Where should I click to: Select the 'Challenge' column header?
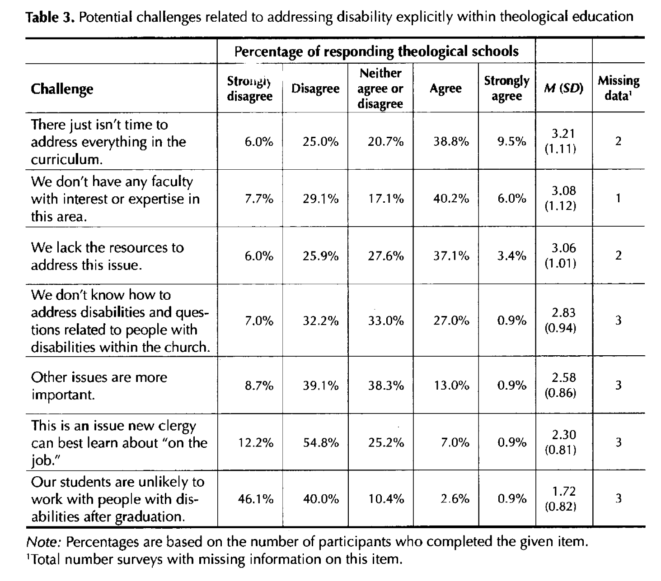point(62,89)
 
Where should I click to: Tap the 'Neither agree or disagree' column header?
point(380,88)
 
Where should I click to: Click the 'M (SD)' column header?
point(563,88)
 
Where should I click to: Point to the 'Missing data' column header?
point(618,88)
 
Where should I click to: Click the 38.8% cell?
point(451,142)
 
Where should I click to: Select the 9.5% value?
point(511,142)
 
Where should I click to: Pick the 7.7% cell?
point(259,199)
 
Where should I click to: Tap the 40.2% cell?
point(451,199)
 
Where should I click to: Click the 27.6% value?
point(385,256)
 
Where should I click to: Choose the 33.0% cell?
point(385,321)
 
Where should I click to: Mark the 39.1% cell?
point(320,386)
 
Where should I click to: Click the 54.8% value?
point(320,443)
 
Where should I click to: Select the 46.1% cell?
point(255,499)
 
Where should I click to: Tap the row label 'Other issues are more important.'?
point(99,386)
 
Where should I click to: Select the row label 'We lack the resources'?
point(108,256)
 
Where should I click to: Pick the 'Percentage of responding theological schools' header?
point(376,51)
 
